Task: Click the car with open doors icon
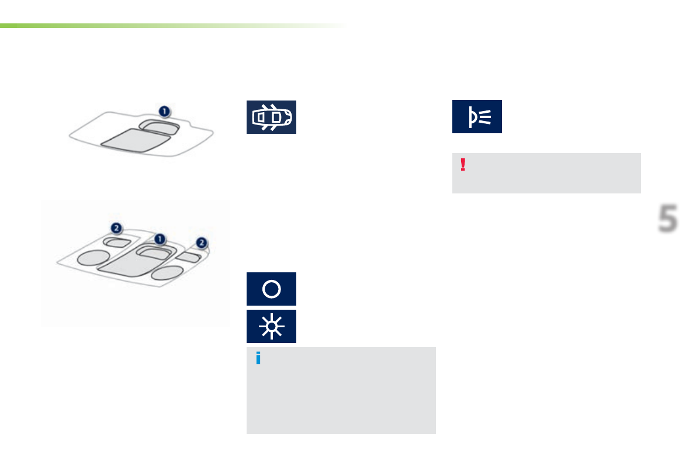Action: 271,117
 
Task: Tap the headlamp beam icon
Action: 477,116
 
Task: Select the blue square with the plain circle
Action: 271,289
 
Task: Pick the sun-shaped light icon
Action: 271,326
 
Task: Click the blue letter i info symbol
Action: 258,359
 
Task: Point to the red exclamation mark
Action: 463,164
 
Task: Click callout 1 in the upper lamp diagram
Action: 165,110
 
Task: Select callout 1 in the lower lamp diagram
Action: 160,239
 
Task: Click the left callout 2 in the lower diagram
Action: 117,227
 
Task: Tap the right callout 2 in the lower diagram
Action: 202,242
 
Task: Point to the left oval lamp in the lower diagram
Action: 93,257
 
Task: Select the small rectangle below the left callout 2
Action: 117,243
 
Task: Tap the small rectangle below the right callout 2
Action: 189,257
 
